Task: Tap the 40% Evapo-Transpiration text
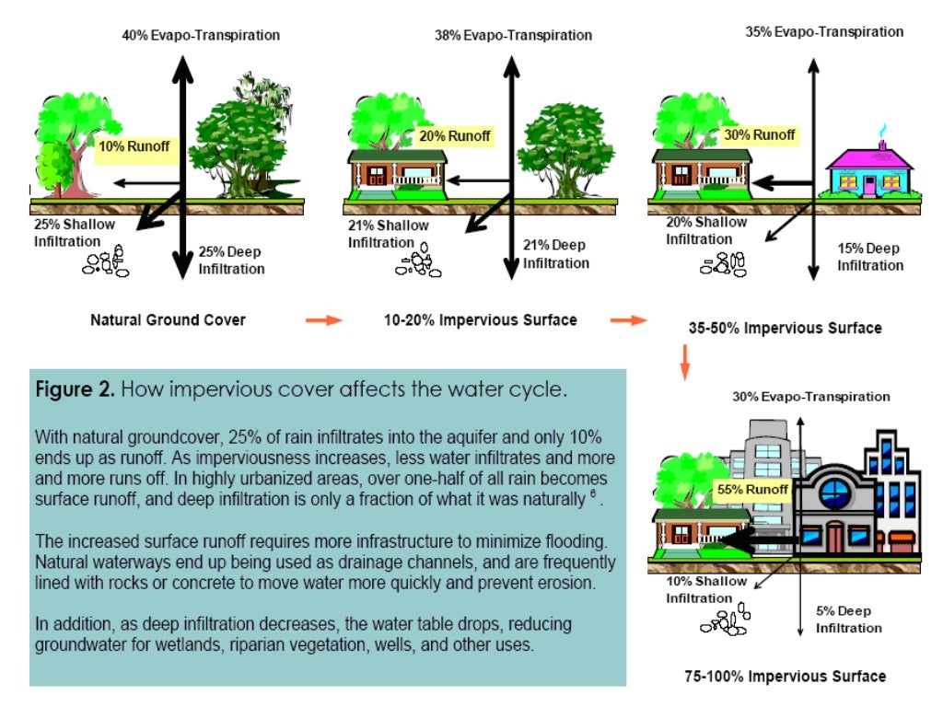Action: coord(201,35)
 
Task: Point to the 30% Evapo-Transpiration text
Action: coord(811,397)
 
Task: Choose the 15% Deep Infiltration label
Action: coord(869,257)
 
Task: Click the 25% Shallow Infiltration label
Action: coord(75,232)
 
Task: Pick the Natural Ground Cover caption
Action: coord(168,320)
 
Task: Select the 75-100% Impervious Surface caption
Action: coord(785,676)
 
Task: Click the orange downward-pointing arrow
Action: coord(684,362)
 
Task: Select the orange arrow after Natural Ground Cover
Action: coord(323,320)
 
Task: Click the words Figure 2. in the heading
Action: coord(76,389)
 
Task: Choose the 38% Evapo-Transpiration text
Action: coord(513,35)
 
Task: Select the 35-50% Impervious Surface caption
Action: coord(785,328)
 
